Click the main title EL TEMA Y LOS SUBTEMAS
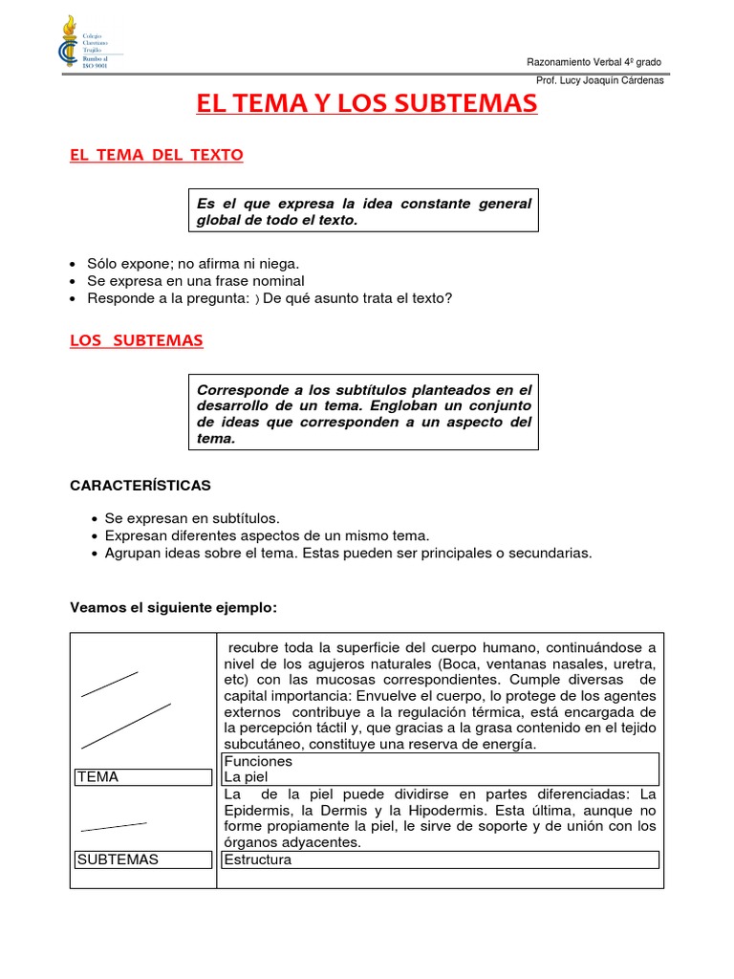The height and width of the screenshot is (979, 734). [x=367, y=104]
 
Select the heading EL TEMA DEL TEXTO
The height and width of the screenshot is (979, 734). [x=157, y=155]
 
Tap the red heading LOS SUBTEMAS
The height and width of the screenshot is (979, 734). [x=137, y=340]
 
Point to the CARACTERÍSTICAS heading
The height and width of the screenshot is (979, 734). [x=140, y=486]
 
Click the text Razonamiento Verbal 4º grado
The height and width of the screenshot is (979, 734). [x=594, y=62]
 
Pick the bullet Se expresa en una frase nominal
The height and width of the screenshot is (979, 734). [x=196, y=281]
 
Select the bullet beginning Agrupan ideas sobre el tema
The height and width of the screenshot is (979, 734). [x=349, y=553]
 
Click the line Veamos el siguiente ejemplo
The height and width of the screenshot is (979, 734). [x=173, y=607]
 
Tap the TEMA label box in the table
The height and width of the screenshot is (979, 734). [x=143, y=777]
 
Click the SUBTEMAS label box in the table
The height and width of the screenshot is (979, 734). [x=143, y=859]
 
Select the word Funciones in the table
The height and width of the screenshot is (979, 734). [x=258, y=762]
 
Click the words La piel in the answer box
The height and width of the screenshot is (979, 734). [x=247, y=777]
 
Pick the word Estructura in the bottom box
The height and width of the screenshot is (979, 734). [x=258, y=859]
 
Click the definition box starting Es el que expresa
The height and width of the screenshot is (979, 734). [x=363, y=211]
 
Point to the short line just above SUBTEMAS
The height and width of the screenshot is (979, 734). [x=114, y=826]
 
